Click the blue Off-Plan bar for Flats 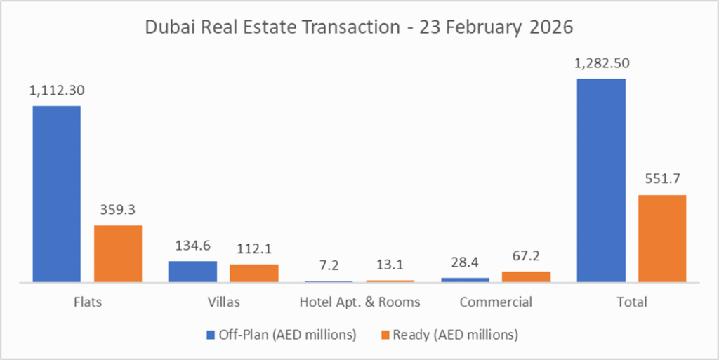[56, 194]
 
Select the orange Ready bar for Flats [117, 253]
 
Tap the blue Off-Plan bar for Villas [192, 272]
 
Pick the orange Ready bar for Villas [253, 273]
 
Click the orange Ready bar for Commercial [525, 276]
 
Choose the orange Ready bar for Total [661, 239]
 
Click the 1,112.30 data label [56, 91]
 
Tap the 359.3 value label [117, 210]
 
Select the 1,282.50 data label [601, 63]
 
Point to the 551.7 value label [661, 180]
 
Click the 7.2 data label [329, 265]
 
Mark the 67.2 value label [525, 256]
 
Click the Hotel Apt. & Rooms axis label [359, 302]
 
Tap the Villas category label [223, 302]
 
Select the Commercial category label [495, 302]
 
